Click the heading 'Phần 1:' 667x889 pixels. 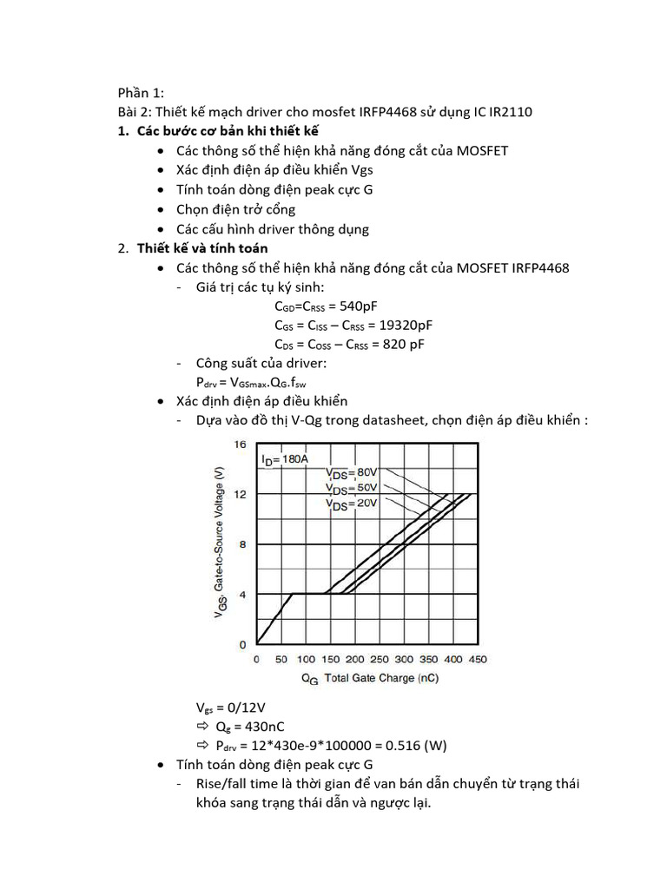pyautogui.click(x=141, y=93)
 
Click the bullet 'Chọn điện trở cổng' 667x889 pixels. pyautogui.click(x=235, y=209)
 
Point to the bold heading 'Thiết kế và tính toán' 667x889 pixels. pyautogui.click(x=202, y=248)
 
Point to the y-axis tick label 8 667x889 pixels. pyautogui.click(x=243, y=544)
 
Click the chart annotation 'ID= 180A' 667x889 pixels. pyautogui.click(x=284, y=459)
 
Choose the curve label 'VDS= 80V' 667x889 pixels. pyautogui.click(x=353, y=472)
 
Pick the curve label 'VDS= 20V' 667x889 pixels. pyautogui.click(x=353, y=503)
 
